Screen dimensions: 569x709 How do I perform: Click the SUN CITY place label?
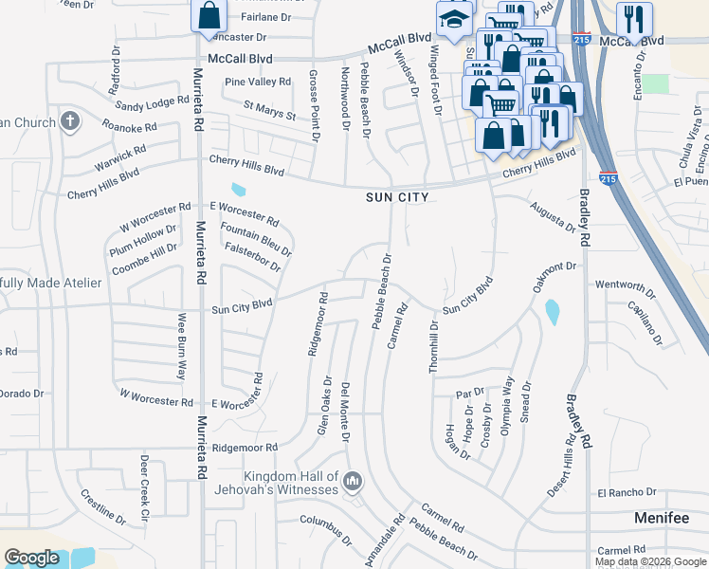[x=397, y=197]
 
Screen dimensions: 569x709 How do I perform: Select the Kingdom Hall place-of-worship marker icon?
[x=353, y=483]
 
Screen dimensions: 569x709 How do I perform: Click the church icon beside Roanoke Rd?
[x=68, y=121]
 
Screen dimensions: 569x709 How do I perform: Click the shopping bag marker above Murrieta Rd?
[x=209, y=15]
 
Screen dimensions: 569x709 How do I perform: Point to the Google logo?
[x=31, y=558]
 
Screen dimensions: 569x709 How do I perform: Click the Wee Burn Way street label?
[x=180, y=347]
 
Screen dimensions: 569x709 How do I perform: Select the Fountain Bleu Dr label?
[x=255, y=238]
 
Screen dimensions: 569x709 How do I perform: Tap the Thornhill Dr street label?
[x=434, y=346]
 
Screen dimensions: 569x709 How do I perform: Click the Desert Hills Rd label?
[x=560, y=466]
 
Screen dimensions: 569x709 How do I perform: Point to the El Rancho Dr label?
[x=627, y=492]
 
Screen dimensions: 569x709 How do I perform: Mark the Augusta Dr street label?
[x=553, y=216]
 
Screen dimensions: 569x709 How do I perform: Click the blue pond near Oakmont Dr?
[x=552, y=310]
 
